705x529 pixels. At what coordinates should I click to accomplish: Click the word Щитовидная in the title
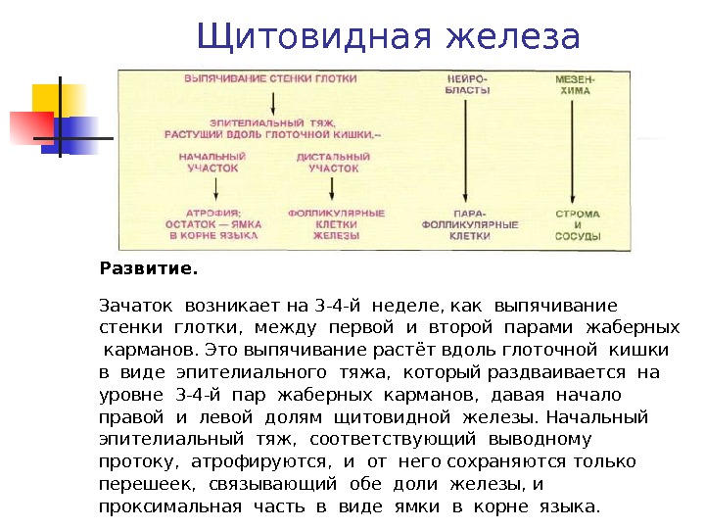click(x=314, y=36)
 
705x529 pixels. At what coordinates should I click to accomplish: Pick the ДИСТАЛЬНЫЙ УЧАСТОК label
click(x=334, y=162)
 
